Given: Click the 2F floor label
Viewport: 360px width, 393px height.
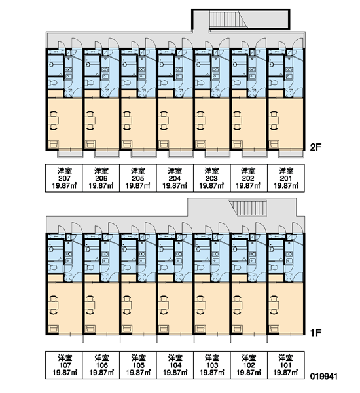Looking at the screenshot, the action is coord(315,147).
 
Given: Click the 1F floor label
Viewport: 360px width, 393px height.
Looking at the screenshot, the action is coord(315,333).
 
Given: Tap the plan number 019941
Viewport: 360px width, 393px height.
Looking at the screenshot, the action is coord(324,376).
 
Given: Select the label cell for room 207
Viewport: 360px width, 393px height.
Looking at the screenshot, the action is coord(64,178).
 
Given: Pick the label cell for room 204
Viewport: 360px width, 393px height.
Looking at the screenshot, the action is coord(175,178).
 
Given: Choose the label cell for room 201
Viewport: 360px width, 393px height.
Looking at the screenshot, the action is coord(286,178).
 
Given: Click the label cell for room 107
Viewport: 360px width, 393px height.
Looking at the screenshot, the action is coord(64,365).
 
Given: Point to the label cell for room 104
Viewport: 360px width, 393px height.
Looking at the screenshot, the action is coord(175,365).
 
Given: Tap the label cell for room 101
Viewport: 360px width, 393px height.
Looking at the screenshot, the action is coord(286,365).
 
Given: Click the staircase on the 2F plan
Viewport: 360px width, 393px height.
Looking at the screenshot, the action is coord(228,20).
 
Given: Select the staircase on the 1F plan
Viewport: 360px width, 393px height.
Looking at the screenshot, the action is coord(248,208).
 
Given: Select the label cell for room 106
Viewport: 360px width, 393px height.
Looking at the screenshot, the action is coord(101,365).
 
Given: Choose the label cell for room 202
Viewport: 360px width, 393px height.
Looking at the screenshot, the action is coord(249,178).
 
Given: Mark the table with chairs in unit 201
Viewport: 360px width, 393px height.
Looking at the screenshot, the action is coord(275,121).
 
